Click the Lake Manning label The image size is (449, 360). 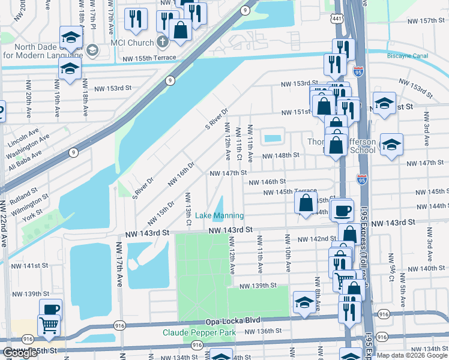pyautogui.click(x=220, y=215)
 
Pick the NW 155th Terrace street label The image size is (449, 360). pyautogui.click(x=149, y=58)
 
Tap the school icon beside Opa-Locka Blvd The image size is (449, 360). pyautogui.click(x=304, y=304)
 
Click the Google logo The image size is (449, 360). pyautogui.click(x=20, y=353)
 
